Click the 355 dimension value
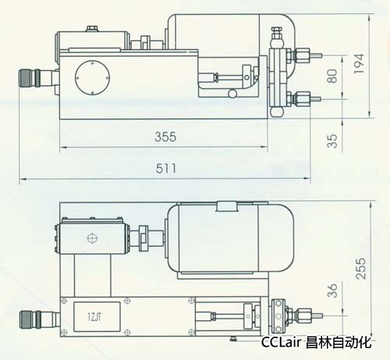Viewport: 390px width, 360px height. [x=165, y=136]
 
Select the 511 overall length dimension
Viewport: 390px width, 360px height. [x=166, y=168]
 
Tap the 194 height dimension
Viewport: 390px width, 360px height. [x=359, y=64]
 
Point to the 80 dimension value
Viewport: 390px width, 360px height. [x=332, y=76]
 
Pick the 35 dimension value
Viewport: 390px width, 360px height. [x=332, y=141]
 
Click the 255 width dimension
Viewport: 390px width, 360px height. [x=361, y=269]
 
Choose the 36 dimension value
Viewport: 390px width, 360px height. [x=332, y=290]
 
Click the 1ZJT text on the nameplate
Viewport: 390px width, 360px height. [x=94, y=317]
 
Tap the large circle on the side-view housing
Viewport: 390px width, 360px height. [x=92, y=78]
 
